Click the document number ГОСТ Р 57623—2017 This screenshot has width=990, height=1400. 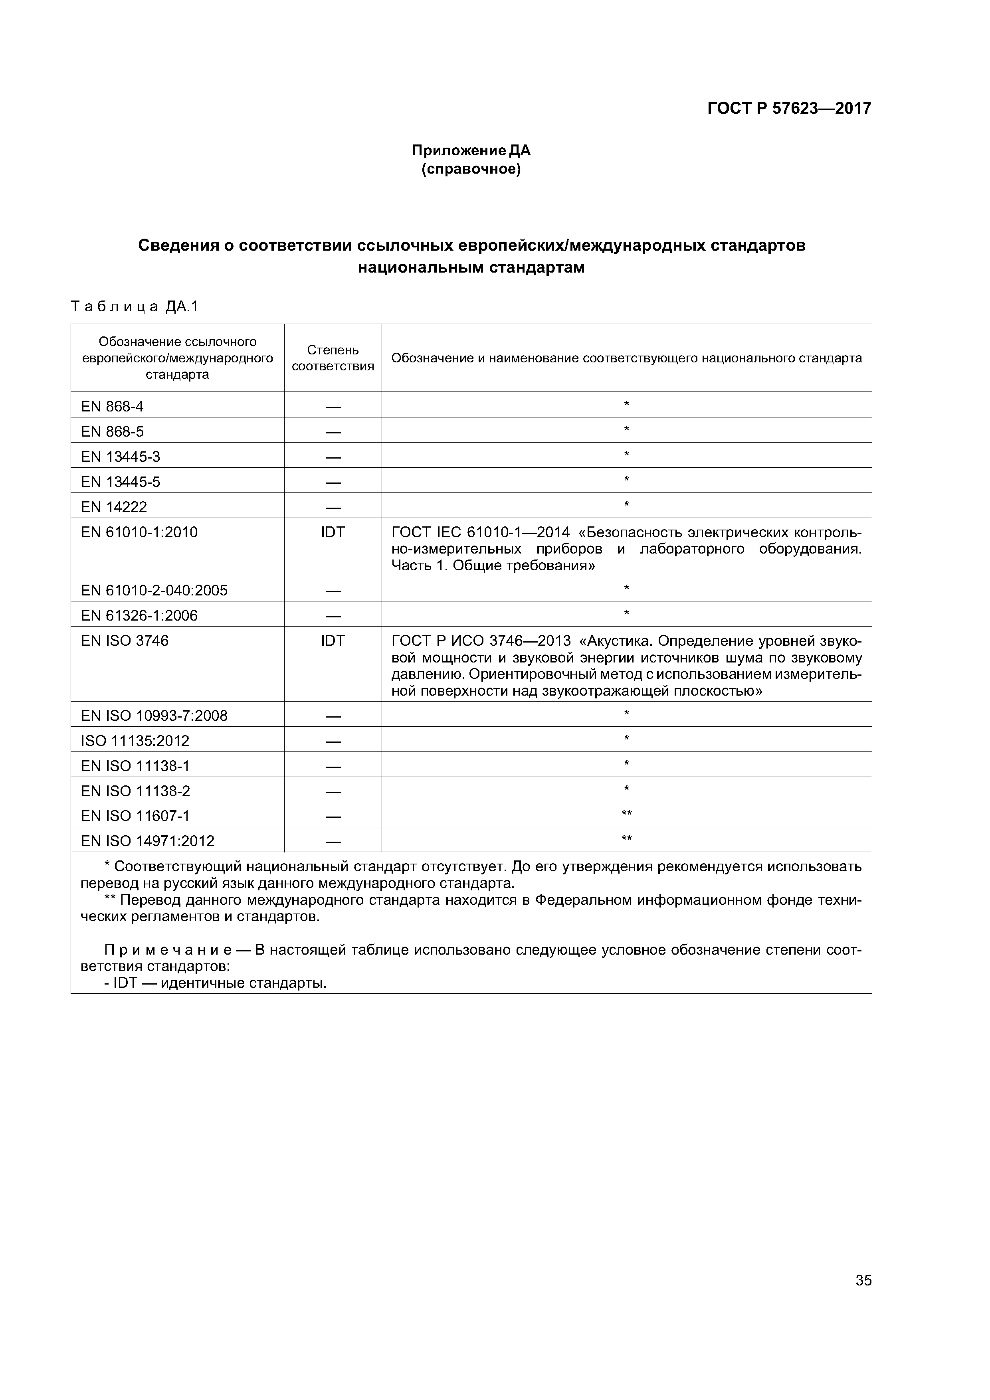click(x=789, y=109)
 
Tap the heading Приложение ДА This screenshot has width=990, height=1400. click(x=471, y=150)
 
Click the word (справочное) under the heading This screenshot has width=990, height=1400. click(x=471, y=169)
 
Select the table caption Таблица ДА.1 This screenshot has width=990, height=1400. click(x=135, y=307)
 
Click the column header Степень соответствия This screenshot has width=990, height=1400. click(x=333, y=358)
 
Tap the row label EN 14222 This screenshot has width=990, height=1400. click(x=114, y=507)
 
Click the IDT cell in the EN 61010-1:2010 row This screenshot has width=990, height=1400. click(x=333, y=532)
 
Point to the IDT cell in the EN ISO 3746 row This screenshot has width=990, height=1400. click(x=333, y=640)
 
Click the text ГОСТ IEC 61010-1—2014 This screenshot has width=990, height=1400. click(x=480, y=532)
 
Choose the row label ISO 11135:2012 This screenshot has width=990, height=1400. click(x=135, y=741)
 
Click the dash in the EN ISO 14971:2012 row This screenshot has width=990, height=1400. click(x=333, y=841)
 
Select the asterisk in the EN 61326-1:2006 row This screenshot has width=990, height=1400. click(x=626, y=613)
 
